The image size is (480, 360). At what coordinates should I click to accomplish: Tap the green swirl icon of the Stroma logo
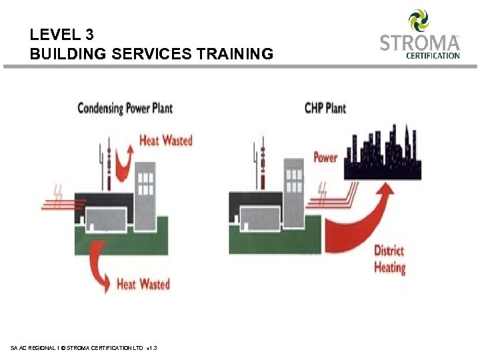pos(419,20)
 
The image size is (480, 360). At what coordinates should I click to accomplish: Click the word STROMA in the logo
pos(419,43)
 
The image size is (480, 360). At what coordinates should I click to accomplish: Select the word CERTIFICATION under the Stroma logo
pos(433,56)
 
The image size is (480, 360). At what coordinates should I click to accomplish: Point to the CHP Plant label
pos(325,107)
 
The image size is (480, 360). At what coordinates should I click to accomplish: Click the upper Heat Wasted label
pos(165,141)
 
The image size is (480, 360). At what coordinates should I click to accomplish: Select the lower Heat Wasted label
pos(143,284)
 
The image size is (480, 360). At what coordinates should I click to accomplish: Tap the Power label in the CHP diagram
pos(325,158)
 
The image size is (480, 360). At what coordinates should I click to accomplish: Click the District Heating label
pos(389,259)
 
